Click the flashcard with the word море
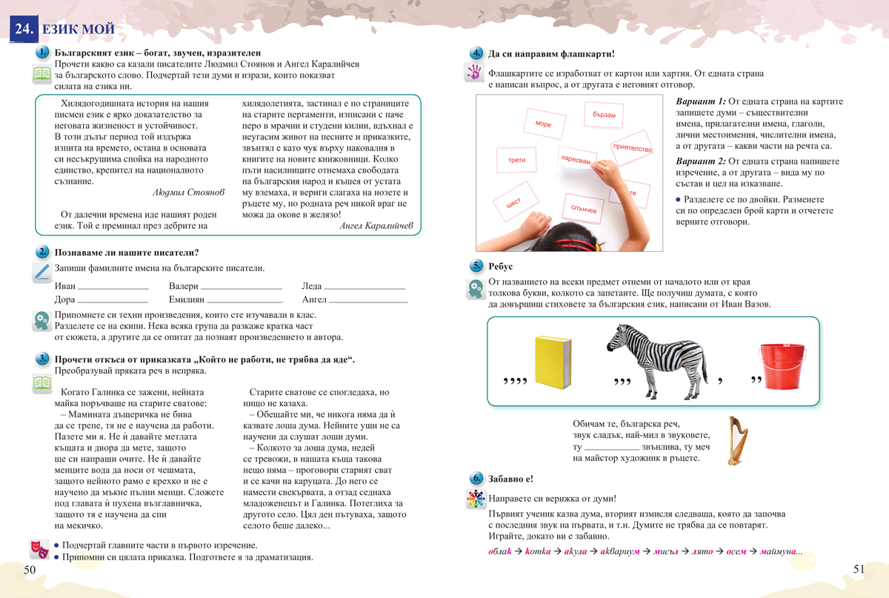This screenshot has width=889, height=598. click(544, 124)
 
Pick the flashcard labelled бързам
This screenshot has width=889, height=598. click(604, 116)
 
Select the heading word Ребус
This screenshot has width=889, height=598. click(501, 267)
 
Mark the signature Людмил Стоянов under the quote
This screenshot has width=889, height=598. click(187, 192)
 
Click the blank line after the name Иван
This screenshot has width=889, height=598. click(113, 288)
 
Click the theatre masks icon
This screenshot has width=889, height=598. click(39, 549)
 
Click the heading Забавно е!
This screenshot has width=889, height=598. click(510, 479)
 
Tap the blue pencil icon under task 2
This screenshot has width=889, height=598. click(41, 272)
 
